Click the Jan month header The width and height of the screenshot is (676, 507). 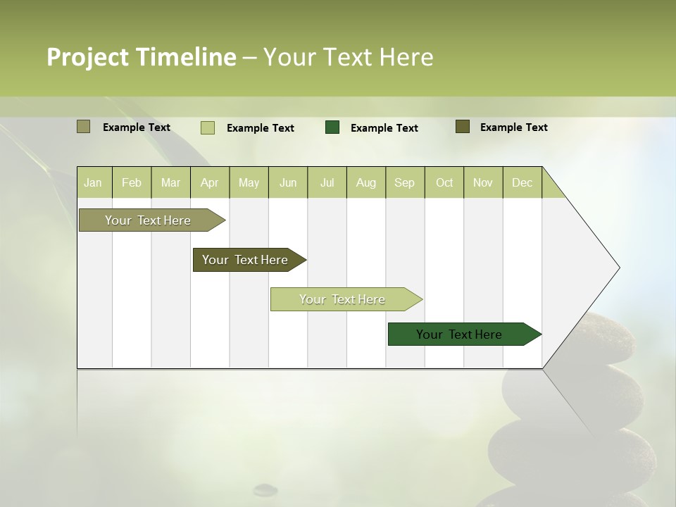[x=93, y=182]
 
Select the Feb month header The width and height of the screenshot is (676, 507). [x=132, y=182]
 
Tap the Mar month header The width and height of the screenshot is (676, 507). [x=170, y=182]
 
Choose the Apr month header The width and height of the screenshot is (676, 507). [x=210, y=182]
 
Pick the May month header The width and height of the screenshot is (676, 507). [x=249, y=182]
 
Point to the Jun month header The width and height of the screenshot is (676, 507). [x=288, y=182]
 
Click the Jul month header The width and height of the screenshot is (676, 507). [x=327, y=182]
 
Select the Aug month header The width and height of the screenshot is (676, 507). [x=366, y=182]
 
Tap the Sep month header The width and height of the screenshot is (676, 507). [x=405, y=182]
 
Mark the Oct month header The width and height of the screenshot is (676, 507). [x=444, y=182]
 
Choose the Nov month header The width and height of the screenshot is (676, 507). [x=483, y=182]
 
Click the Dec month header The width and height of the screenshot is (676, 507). [x=522, y=182]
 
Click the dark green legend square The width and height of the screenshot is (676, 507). [x=332, y=127]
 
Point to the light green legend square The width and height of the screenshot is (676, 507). [x=208, y=127]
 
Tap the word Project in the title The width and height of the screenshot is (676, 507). [x=88, y=57]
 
